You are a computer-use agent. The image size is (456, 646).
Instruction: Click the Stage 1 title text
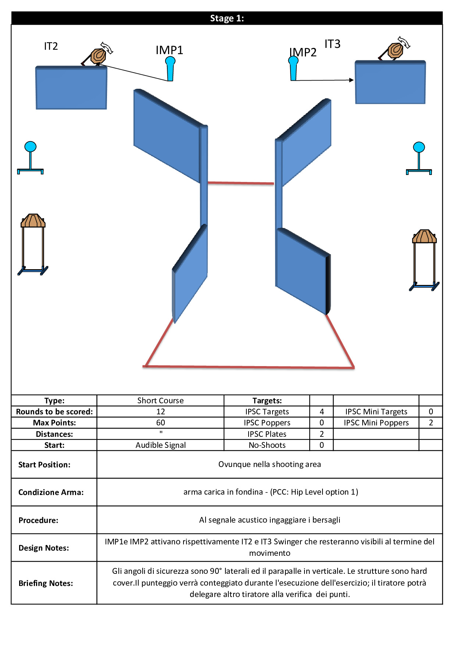pyautogui.click(x=227, y=18)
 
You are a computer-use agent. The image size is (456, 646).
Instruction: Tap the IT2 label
pyautogui.click(x=51, y=46)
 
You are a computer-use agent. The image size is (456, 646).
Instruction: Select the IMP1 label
pyautogui.click(x=169, y=50)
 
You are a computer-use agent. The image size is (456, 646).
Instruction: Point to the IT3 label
pyautogui.click(x=332, y=44)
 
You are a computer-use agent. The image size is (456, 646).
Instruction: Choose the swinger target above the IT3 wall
pyautogui.click(x=396, y=50)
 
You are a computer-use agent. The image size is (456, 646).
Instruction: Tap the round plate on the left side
pyautogui.click(x=31, y=147)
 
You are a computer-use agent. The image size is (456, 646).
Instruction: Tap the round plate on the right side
pyautogui.click(x=419, y=147)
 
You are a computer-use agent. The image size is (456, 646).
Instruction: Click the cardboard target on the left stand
pyautogui.click(x=33, y=221)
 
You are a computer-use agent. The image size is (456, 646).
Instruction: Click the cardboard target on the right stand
pyautogui.click(x=424, y=236)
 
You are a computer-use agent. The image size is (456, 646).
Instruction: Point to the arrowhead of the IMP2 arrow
pyautogui.click(x=352, y=80)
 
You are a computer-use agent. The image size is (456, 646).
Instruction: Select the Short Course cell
pyautogui.click(x=160, y=401)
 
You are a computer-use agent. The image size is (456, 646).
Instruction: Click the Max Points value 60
pyautogui.click(x=160, y=423)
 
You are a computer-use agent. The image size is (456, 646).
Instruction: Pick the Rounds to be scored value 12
pyautogui.click(x=160, y=412)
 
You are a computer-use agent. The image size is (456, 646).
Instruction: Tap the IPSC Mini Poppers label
pyautogui.click(x=376, y=423)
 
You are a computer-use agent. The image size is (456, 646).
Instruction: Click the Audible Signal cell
pyautogui.click(x=160, y=445)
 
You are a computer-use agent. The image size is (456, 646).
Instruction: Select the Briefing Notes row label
pyautogui.click(x=46, y=583)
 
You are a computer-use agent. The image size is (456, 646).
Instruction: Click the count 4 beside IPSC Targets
pyautogui.click(x=322, y=412)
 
